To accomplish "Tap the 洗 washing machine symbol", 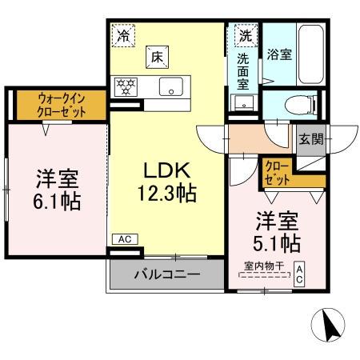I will point(245,35).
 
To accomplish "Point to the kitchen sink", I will point(170,87).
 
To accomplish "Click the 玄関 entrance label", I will point(312,138).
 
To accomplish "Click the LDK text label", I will point(166,170).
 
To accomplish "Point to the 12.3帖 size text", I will point(166,193).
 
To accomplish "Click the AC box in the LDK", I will point(123,238).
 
